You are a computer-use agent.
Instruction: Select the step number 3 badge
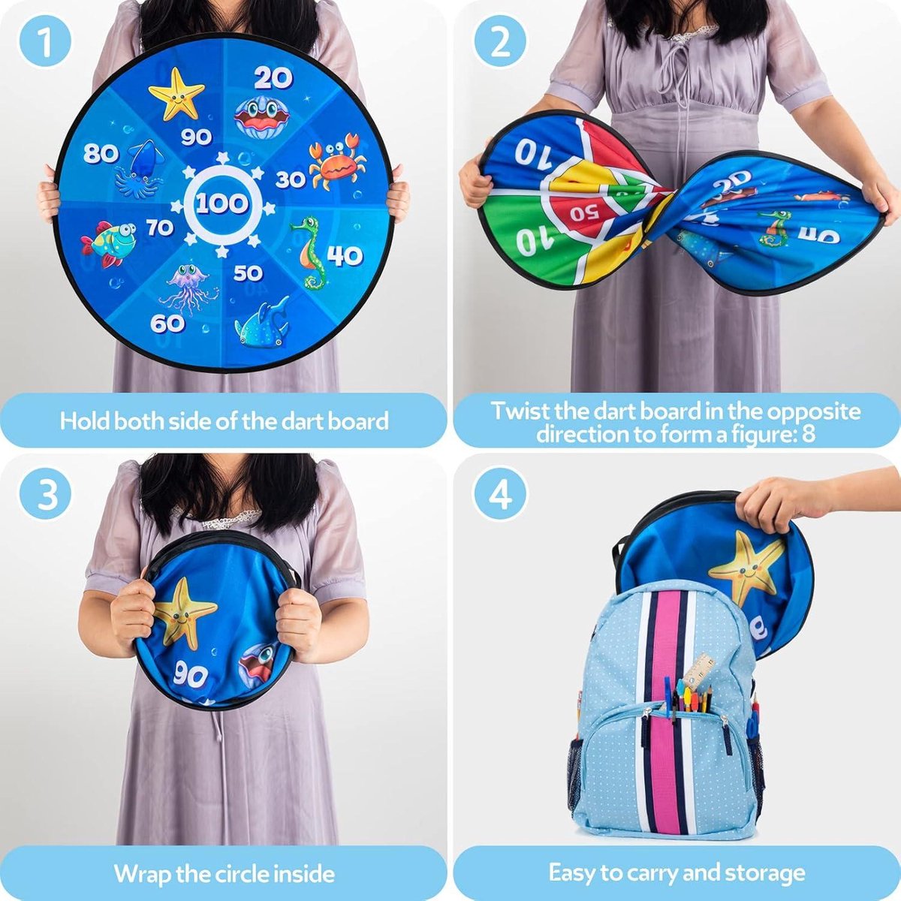tap(45, 494)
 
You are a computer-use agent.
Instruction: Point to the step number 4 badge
tap(500, 494)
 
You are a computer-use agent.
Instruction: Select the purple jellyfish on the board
tap(187, 289)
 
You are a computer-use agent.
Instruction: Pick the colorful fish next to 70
tap(108, 243)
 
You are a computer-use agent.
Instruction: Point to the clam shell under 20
tap(262, 117)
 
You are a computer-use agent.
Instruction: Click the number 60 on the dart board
tap(167, 323)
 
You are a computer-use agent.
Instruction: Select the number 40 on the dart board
tap(345, 255)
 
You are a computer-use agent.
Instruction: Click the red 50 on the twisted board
tap(584, 213)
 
